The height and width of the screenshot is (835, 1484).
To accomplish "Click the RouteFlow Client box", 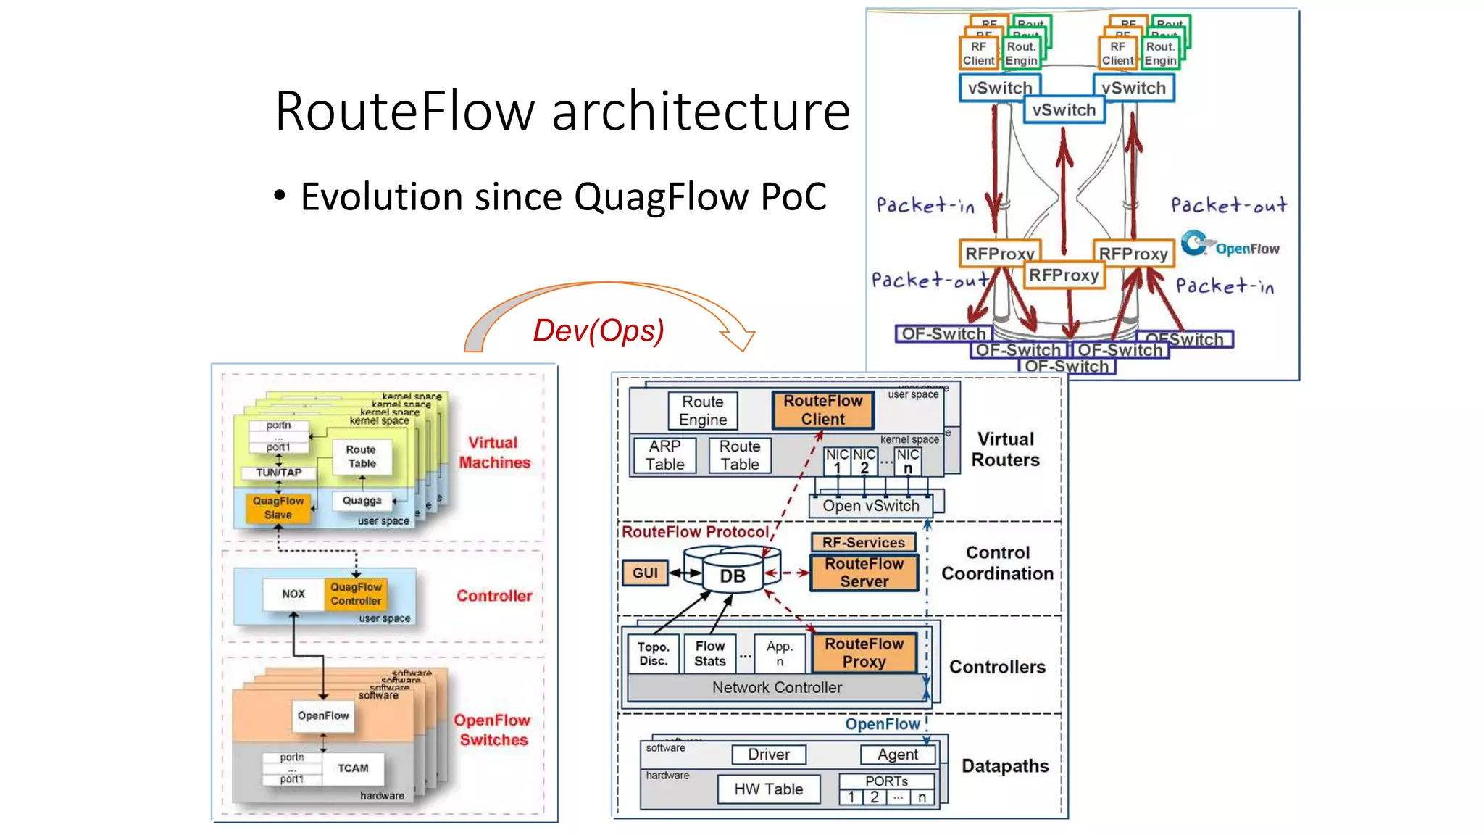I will tap(822, 410).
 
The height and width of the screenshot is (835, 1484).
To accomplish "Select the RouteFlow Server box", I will tap(864, 573).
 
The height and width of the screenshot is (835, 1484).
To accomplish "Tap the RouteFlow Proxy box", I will tap(864, 652).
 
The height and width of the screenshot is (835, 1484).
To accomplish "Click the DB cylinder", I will tap(732, 576).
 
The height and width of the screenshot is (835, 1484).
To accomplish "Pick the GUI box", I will tap(644, 573).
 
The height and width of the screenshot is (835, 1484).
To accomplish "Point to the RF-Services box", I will tap(863, 542).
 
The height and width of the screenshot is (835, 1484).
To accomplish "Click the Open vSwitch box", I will tap(870, 505).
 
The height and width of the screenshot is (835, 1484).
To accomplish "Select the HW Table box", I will tap(768, 789).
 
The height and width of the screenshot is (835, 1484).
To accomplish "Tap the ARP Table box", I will tap(664, 455).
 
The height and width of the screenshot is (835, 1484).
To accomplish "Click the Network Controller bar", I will tap(776, 687).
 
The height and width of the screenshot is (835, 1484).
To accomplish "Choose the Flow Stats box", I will tap(709, 653).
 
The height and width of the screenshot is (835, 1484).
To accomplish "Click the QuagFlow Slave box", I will tap(278, 507).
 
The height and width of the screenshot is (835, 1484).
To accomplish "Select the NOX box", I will tap(293, 594).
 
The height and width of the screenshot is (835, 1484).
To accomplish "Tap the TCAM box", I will tap(353, 768).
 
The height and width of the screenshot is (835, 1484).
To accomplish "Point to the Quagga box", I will tap(362, 500).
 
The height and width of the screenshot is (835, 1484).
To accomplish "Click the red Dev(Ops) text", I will tap(599, 331).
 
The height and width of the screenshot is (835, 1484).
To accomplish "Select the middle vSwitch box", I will tap(1064, 110).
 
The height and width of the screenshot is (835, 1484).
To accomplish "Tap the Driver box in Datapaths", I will tap(768, 755).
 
